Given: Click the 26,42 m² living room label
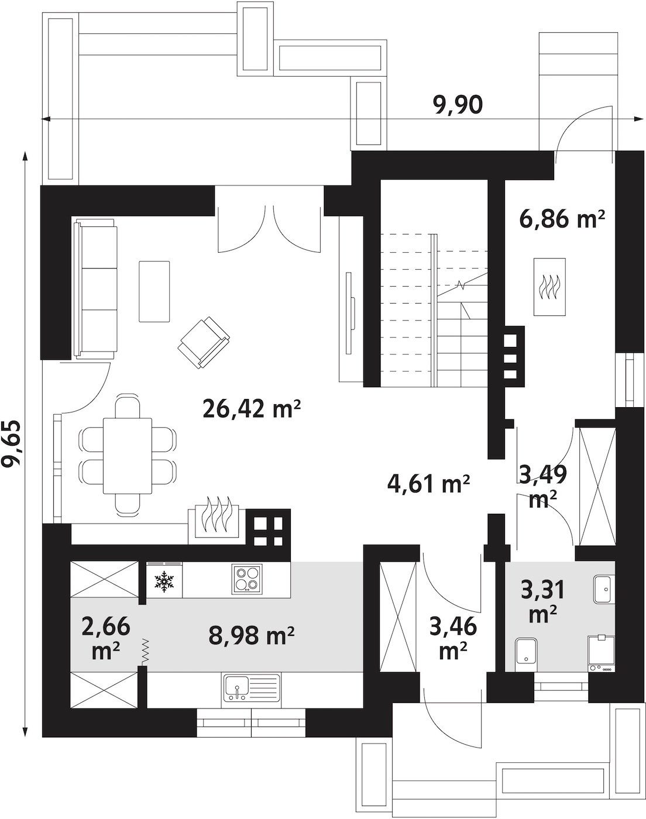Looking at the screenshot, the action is (252, 409).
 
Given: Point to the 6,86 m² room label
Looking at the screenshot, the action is (562, 219).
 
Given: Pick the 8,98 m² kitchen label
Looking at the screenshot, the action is (252, 635).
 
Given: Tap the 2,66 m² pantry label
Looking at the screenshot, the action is (106, 639).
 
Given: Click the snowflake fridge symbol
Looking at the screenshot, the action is (164, 581).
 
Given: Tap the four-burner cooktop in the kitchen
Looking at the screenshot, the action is (247, 580).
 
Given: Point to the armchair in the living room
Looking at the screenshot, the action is (204, 342).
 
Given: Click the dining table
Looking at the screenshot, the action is (128, 455).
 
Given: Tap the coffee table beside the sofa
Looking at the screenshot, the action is (154, 291).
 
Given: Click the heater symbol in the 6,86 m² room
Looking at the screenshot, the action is (549, 287).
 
